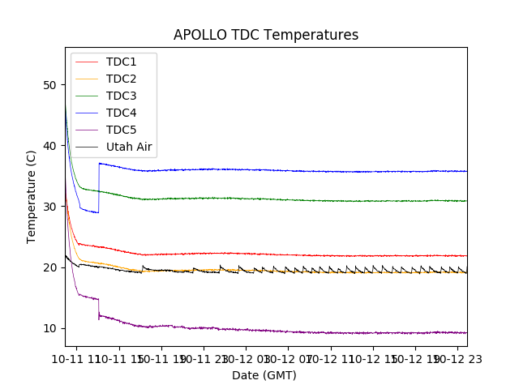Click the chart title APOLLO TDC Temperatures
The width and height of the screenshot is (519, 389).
[x=266, y=35]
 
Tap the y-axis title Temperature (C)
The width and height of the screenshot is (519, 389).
[x=32, y=196]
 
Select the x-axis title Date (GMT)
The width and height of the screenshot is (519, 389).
[x=264, y=375]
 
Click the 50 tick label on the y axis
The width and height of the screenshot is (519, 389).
[x=50, y=85]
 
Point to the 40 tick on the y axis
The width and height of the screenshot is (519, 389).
[x=50, y=146]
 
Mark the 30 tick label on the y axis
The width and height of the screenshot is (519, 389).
[x=50, y=207]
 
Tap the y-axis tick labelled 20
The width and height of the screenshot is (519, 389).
[x=50, y=267]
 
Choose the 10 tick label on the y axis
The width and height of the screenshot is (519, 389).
[x=50, y=328]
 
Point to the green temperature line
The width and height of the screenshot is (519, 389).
[x=284, y=199]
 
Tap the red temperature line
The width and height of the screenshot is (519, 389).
[x=284, y=254]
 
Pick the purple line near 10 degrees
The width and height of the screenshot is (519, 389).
[x=284, y=331]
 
